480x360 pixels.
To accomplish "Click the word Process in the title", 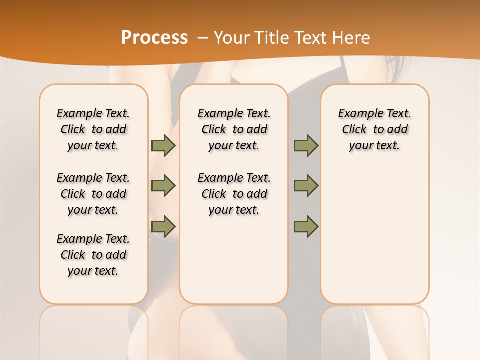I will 154,37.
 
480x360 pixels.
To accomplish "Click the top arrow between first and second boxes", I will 163,145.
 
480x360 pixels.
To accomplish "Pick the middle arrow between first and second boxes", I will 163,186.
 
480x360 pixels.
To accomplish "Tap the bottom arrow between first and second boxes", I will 163,227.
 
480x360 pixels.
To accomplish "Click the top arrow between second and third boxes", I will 306,145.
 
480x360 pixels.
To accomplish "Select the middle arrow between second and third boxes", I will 306,186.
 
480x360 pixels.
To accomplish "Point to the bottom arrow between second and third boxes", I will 306,227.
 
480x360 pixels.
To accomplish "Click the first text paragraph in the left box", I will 93,129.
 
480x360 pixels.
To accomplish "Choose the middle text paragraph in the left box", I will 93,194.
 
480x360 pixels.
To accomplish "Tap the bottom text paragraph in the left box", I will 93,255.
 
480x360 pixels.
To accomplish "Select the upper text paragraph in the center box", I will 234,129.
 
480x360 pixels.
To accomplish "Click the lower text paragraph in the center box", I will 234,194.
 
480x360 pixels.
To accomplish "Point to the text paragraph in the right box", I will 375,129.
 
